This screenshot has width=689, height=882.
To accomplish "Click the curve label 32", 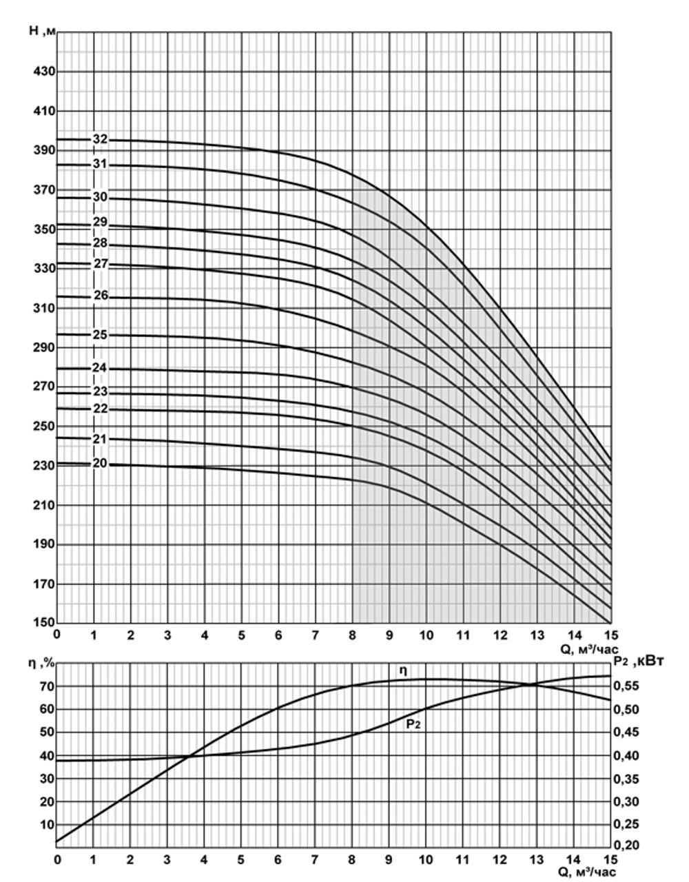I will pos(100,139).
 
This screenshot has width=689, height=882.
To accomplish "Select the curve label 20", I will pos(100,464).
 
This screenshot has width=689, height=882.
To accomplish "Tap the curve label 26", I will pos(101,296).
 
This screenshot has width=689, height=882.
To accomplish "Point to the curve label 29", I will pos(101,222).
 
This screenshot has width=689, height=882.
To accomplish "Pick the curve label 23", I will pos(101,391).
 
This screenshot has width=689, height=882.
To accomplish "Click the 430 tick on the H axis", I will pos(42,72).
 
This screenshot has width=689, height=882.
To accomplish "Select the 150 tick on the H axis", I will pos(42,623).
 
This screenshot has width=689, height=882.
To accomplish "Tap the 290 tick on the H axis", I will pos(42,347).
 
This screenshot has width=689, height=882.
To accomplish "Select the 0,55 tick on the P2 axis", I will pos(627,686).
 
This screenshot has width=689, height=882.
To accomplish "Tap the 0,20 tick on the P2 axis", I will pos(627,846).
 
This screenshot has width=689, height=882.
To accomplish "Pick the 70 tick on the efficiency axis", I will pos(46,686).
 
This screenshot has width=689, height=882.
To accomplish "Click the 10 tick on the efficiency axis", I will pos(46,824).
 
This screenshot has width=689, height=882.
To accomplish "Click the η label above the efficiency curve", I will pos(402,670).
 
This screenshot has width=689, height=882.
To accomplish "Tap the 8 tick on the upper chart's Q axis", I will pos(353,635).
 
